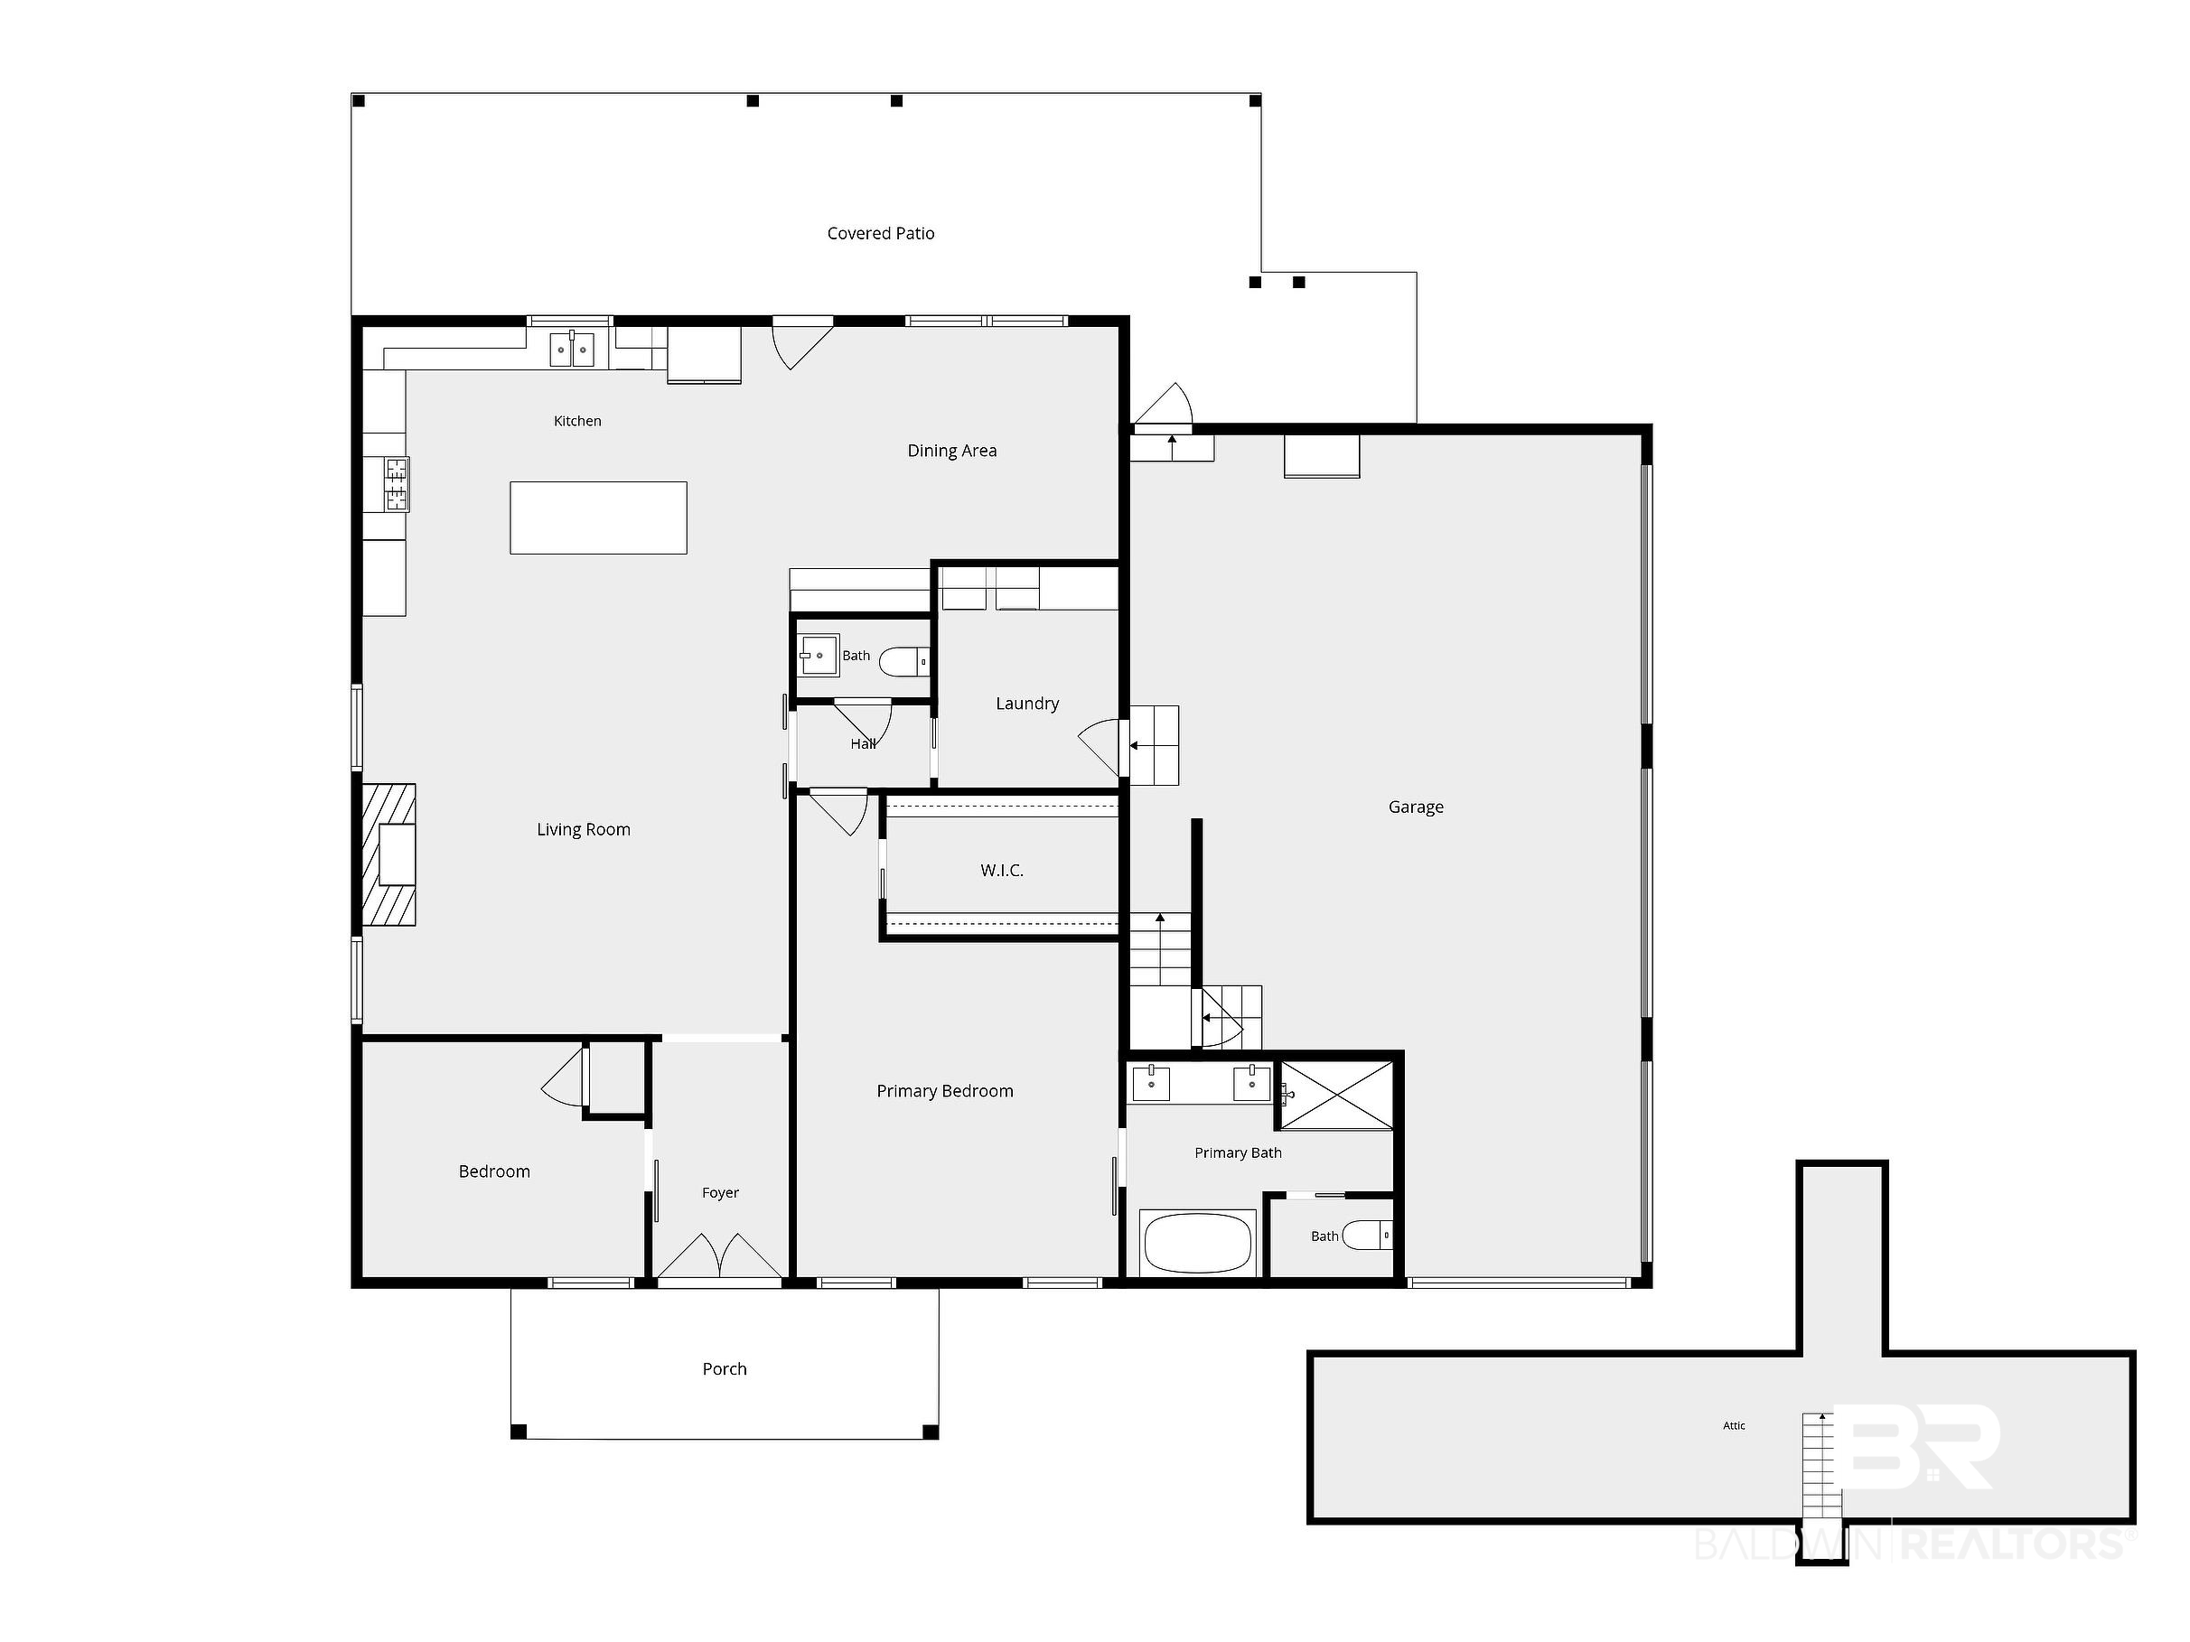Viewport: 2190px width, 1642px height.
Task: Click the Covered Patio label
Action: pyautogui.click(x=880, y=234)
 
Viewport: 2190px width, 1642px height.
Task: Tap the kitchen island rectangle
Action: pyautogui.click(x=598, y=518)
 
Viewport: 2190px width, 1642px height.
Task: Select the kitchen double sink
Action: pyautogui.click(x=572, y=350)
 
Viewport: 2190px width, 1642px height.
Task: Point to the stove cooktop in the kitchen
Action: pyautogui.click(x=396, y=484)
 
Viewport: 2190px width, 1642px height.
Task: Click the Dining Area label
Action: pyautogui.click(x=951, y=452)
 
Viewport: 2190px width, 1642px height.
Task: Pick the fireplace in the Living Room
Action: pyautogui.click(x=389, y=854)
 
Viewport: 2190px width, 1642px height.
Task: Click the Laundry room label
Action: pyautogui.click(x=1026, y=704)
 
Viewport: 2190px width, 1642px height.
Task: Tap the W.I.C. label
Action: pyautogui.click(x=1002, y=871)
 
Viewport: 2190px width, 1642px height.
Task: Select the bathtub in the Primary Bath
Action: pyautogui.click(x=1198, y=1243)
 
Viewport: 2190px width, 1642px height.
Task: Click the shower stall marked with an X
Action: pyautogui.click(x=1336, y=1095)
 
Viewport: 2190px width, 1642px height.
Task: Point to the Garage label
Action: pyautogui.click(x=1416, y=807)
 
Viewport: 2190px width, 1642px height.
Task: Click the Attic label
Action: pyautogui.click(x=1734, y=1426)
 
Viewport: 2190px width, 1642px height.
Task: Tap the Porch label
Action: pyautogui.click(x=725, y=1370)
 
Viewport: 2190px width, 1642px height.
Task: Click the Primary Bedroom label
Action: pyautogui.click(x=944, y=1092)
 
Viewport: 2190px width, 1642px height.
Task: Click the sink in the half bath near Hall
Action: pyautogui.click(x=819, y=655)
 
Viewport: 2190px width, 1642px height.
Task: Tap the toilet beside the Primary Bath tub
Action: pyautogui.click(x=1367, y=1236)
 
